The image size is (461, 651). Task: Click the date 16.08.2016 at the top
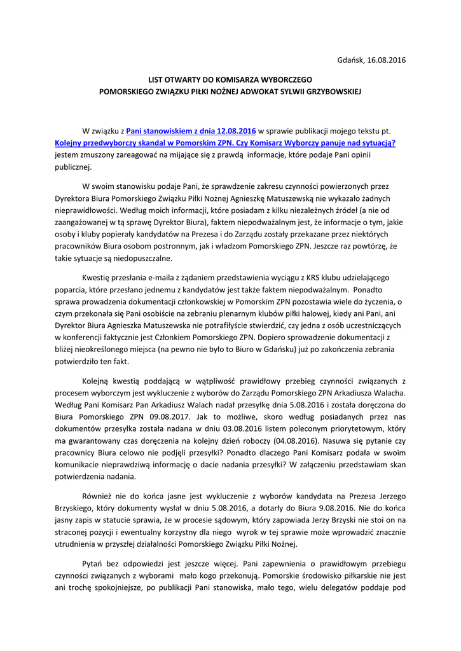point(384,60)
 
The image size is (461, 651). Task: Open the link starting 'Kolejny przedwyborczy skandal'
point(225,143)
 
